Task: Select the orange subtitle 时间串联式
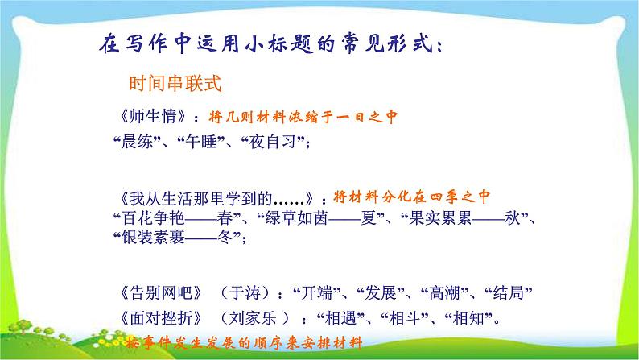pyautogui.click(x=170, y=84)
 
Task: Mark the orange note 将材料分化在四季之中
pyautogui.click(x=412, y=197)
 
